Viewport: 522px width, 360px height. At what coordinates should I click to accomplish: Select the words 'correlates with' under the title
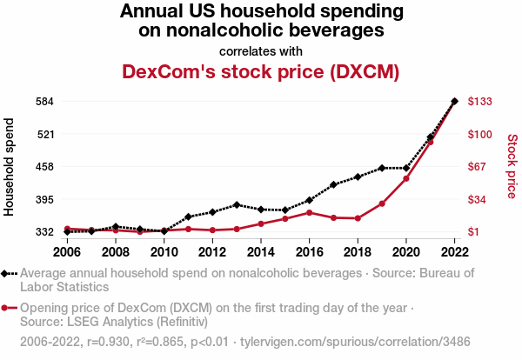(261, 50)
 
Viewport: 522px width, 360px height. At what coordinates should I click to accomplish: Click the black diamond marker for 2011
(188, 217)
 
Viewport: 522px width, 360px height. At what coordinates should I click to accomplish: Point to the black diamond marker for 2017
(333, 184)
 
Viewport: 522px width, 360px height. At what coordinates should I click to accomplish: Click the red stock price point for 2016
(309, 212)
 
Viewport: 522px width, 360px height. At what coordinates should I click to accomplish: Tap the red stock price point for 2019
(382, 203)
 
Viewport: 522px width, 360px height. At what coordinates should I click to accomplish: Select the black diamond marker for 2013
(237, 204)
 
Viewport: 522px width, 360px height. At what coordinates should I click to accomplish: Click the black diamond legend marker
(9, 273)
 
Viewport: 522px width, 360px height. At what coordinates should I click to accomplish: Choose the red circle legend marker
(9, 308)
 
